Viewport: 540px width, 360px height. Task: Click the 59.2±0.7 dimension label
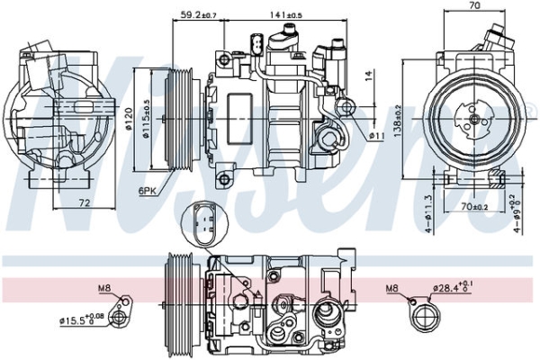coord(199,14)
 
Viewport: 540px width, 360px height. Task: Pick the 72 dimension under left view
coord(82,203)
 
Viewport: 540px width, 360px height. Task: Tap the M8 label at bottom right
coord(392,288)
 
